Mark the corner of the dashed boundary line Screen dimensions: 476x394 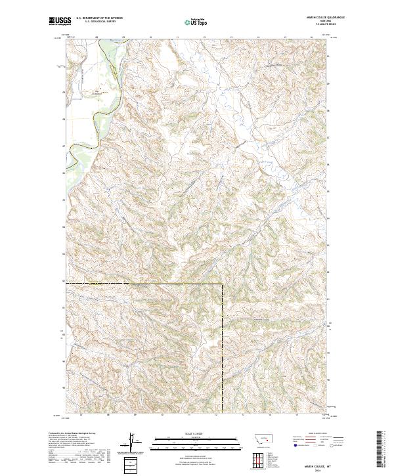(x=223, y=284)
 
